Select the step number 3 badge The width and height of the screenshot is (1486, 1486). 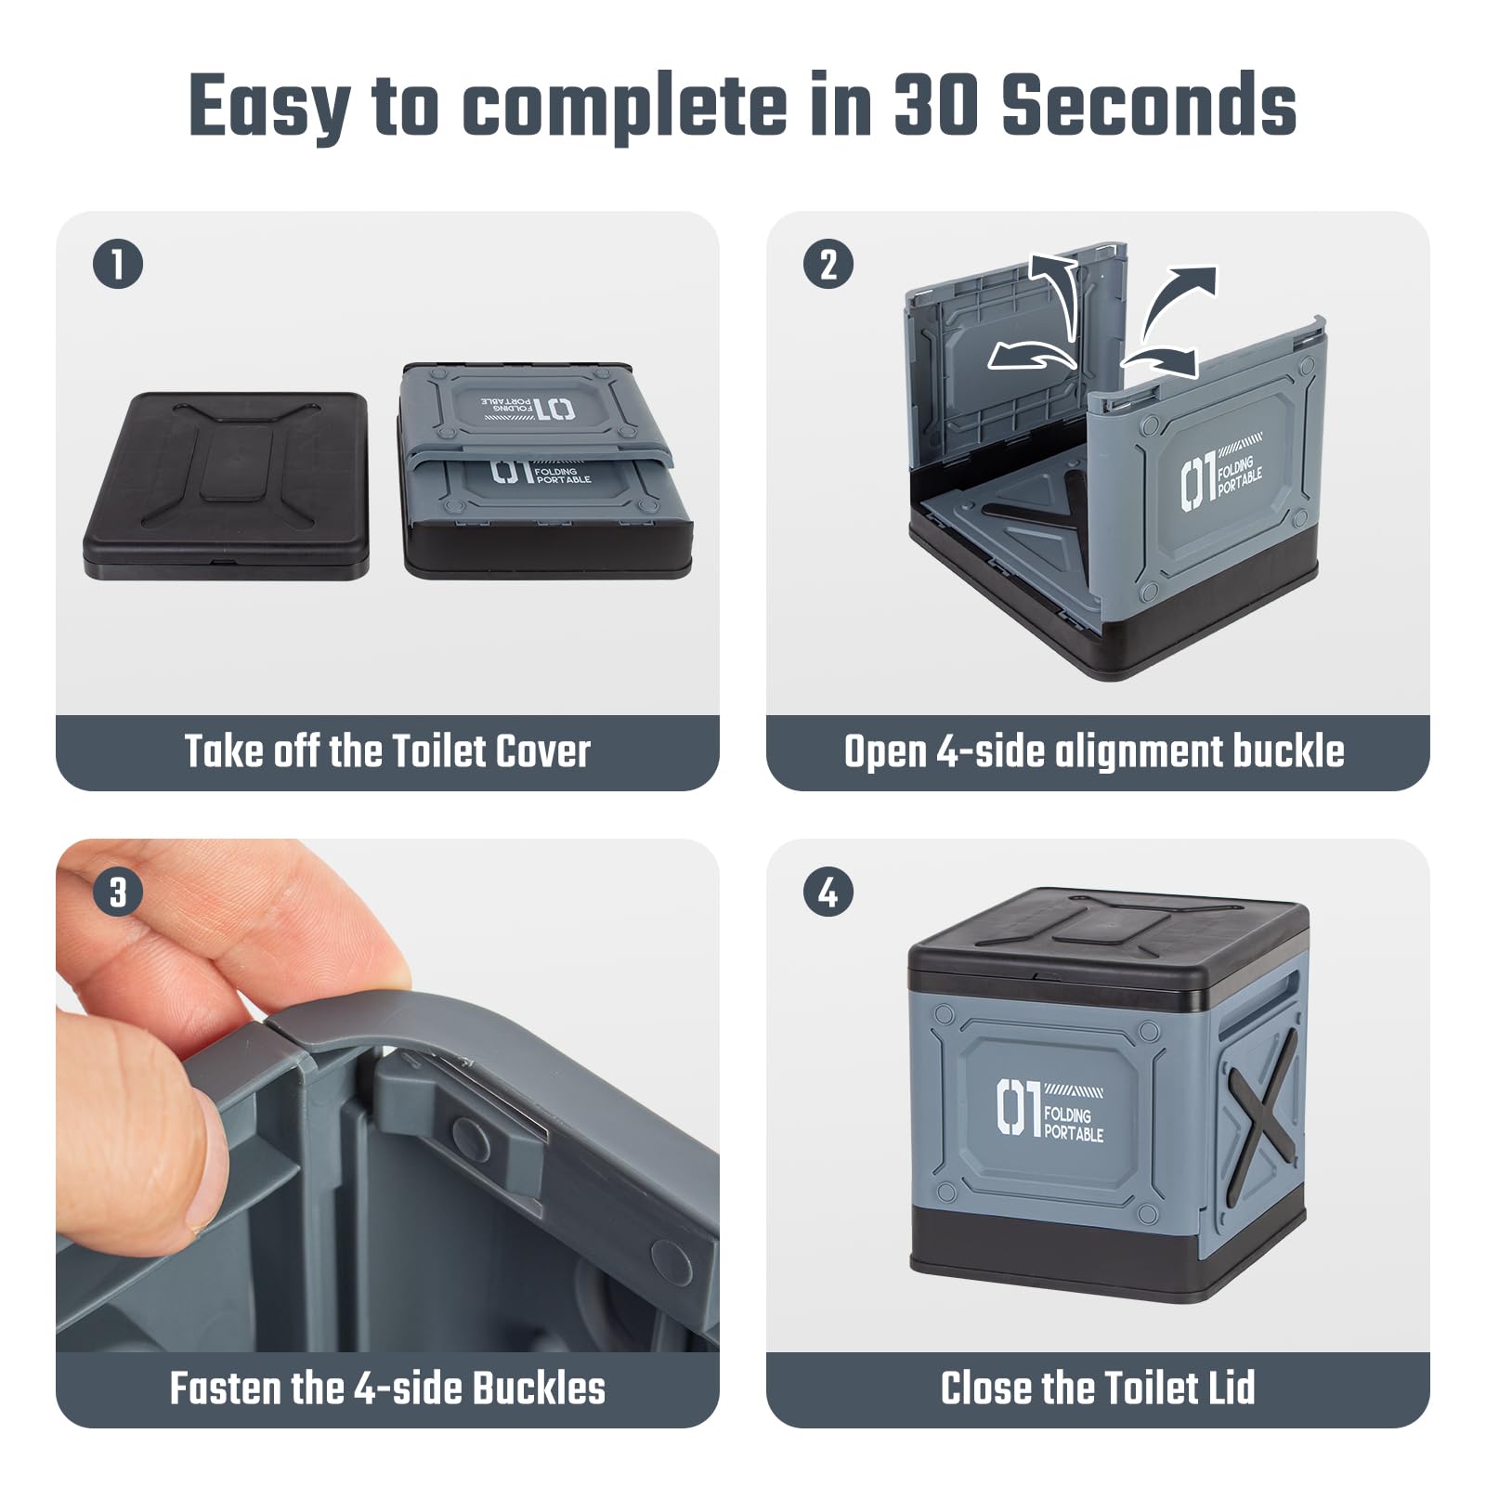pos(118,893)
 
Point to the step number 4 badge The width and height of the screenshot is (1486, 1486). pos(828,893)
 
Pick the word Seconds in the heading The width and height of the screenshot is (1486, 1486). pos(1150,104)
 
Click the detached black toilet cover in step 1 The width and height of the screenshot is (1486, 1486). pos(226,486)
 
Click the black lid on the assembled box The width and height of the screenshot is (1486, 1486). pos(1108,948)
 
